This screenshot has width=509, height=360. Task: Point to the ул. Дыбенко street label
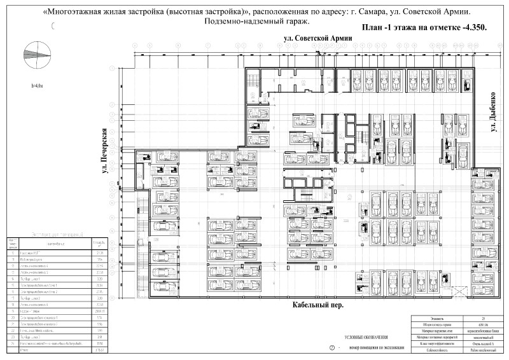click(493, 113)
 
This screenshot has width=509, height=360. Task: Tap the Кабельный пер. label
click(318, 305)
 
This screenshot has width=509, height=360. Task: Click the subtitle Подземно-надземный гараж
click(256, 22)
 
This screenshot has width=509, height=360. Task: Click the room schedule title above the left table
click(57, 235)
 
